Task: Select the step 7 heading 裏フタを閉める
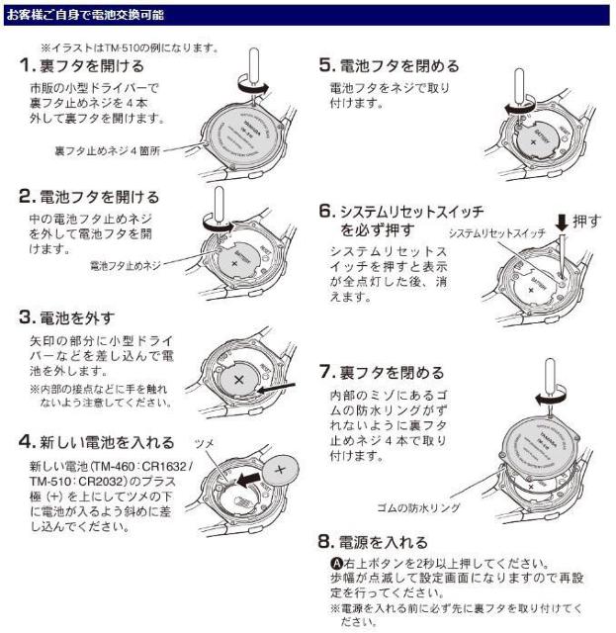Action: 392,373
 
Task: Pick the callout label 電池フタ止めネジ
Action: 124,266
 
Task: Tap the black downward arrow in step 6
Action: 563,224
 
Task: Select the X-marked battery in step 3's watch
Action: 240,379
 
